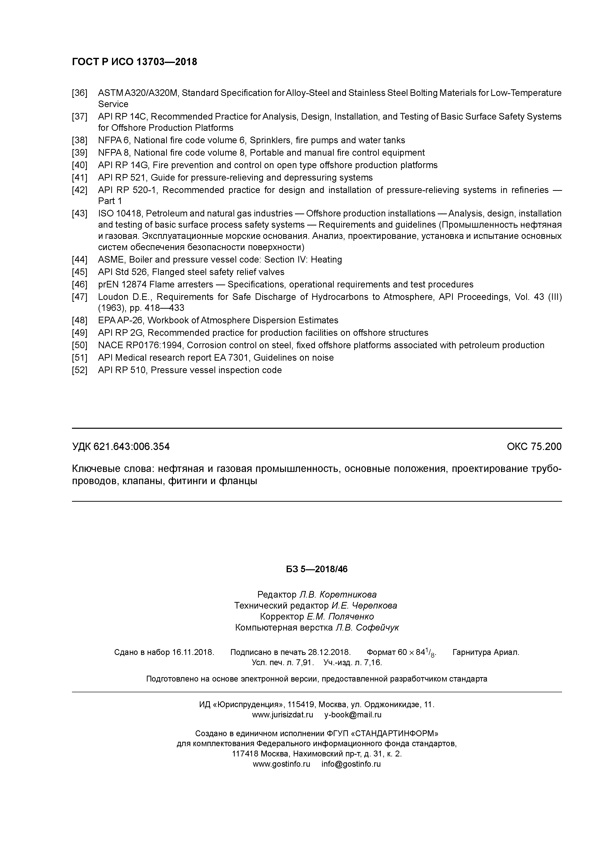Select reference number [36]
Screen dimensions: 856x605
point(79,93)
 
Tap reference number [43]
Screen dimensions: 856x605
point(79,214)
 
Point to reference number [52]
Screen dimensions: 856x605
point(79,370)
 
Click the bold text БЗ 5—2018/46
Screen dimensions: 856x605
point(316,569)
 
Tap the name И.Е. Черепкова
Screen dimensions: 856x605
point(364,605)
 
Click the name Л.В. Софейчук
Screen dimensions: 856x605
point(367,628)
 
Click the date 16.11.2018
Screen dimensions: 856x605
point(193,652)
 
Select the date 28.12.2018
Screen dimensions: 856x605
point(329,652)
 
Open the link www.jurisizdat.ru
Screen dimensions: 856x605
point(282,715)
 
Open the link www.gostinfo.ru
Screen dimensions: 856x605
point(282,764)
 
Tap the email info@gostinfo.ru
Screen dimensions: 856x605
point(351,764)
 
